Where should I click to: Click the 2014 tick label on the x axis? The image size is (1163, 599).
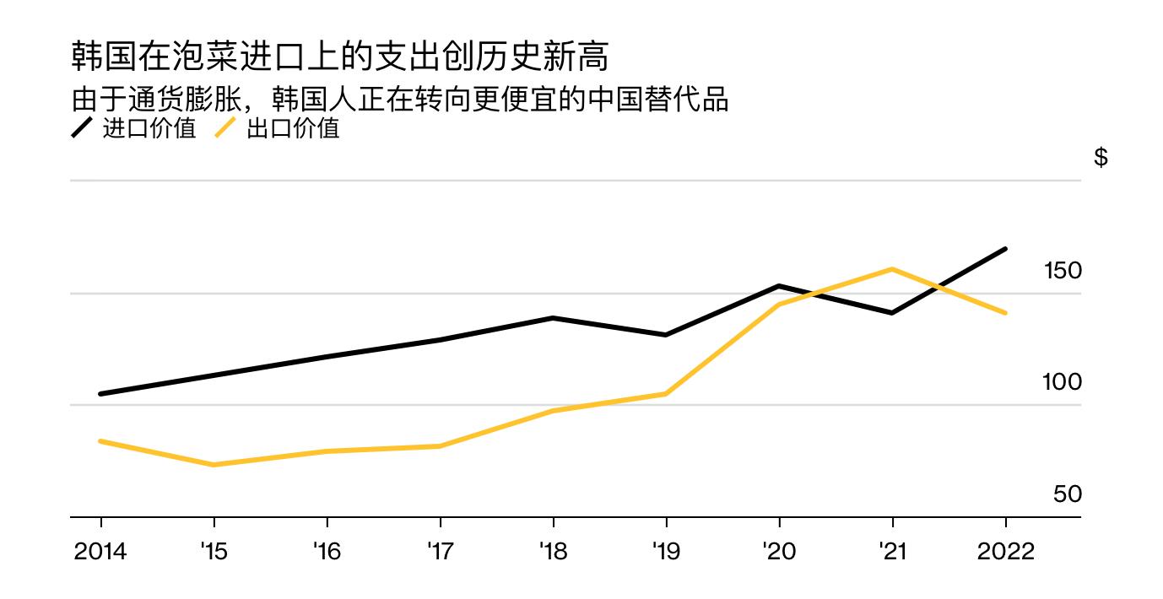[100, 552]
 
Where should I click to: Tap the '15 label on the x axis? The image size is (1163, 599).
[214, 552]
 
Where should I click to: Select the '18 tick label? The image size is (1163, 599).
[553, 552]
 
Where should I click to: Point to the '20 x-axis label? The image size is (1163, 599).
[778, 552]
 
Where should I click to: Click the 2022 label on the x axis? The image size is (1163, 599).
[1005, 552]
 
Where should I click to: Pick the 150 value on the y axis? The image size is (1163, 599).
[1063, 271]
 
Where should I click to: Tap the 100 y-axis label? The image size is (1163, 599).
[1063, 382]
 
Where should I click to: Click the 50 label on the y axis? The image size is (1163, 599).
[1068, 494]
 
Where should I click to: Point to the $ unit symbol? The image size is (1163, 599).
[1101, 158]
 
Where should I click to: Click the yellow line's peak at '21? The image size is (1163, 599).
[892, 269]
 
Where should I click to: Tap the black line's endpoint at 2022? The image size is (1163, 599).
[1005, 249]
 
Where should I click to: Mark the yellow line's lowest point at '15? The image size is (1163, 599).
[214, 465]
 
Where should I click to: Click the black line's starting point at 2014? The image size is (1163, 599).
[100, 394]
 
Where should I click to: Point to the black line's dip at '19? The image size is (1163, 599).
[666, 335]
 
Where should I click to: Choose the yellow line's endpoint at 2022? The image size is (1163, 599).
[1005, 313]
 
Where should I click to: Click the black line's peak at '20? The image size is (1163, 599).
[778, 286]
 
